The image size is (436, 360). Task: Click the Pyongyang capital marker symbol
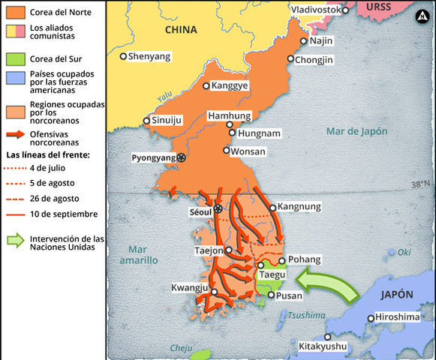pos(182,157)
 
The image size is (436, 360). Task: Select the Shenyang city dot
pos(124,55)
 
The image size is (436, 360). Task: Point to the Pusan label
pos(289,295)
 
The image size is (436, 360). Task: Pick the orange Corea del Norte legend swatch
pos(16,12)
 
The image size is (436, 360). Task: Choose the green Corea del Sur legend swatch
pos(16,58)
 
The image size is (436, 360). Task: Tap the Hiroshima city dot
pos(371,318)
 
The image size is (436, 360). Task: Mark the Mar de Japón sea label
pos(357,131)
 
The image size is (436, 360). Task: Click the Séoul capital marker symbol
pos(218,209)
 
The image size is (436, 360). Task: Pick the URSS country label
pos(379,6)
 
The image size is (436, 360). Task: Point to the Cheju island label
pos(181,347)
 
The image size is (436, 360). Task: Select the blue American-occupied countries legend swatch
pos(16,77)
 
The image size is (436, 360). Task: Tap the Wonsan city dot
pos(226,150)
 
